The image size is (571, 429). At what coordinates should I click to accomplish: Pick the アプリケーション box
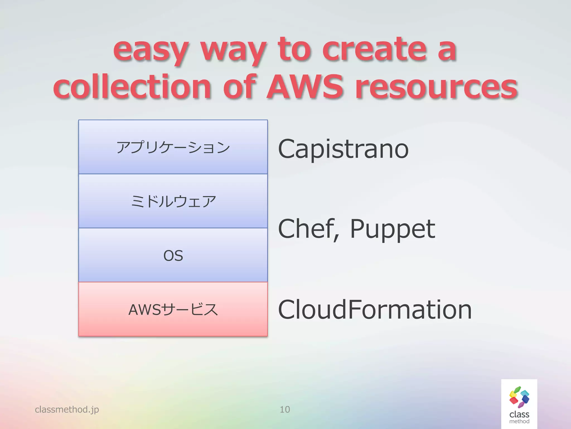[173, 147]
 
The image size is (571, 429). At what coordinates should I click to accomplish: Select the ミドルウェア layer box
[173, 201]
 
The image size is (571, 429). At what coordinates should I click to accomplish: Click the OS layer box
[173, 255]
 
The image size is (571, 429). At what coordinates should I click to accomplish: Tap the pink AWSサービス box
[173, 309]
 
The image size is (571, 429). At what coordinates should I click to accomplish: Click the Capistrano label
[343, 149]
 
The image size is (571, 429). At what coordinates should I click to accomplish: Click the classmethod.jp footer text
[67, 409]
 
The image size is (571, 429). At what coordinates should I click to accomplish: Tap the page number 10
[285, 409]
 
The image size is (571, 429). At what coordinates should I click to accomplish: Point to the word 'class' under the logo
[519, 414]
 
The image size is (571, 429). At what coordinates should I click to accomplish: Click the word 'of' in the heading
[239, 87]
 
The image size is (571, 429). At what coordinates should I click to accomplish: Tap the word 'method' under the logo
[519, 421]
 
